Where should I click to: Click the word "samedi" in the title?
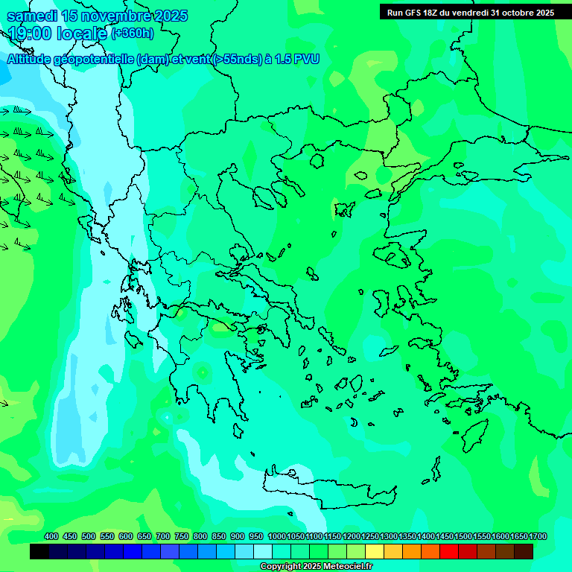[x=31, y=16]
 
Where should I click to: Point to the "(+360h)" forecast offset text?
[x=133, y=34]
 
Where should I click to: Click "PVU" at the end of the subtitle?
[x=306, y=59]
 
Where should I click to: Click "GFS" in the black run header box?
[x=422, y=13]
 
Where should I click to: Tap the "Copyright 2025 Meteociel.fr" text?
[x=316, y=567]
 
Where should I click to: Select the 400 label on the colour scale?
[x=51, y=537]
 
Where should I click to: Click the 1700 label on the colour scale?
[x=537, y=537]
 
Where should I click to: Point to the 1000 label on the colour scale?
[x=276, y=537]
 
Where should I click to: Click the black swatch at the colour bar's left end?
[x=39, y=551]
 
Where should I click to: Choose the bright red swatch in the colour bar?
[x=449, y=551]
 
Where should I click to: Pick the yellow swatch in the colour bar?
[x=375, y=551]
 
